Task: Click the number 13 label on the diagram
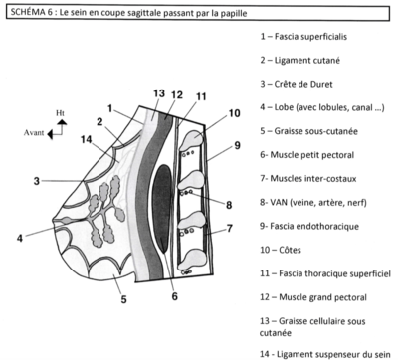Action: click(159, 93)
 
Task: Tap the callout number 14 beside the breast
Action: click(86, 139)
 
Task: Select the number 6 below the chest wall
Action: click(175, 296)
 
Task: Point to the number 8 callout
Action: click(229, 205)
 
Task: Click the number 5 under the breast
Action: click(123, 299)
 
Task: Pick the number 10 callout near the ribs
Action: click(234, 113)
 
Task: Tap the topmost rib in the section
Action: click(192, 138)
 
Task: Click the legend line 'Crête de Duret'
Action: click(297, 84)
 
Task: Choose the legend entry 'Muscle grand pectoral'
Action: click(313, 297)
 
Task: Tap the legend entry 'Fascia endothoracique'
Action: click(309, 226)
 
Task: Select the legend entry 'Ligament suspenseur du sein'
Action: click(325, 354)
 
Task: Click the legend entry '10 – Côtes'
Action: click(281, 250)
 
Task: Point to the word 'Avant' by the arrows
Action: click(34, 133)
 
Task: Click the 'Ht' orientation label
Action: click(60, 113)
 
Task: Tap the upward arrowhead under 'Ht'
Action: click(62, 122)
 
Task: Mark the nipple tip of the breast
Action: click(53, 220)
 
